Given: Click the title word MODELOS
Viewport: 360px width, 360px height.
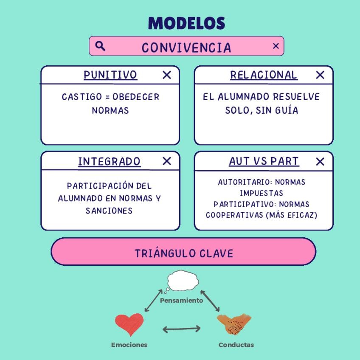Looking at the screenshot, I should click(x=186, y=23).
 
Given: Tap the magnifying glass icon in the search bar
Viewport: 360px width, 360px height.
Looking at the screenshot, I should click(x=100, y=46).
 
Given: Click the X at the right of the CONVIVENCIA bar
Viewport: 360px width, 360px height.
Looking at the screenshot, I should click(x=276, y=46).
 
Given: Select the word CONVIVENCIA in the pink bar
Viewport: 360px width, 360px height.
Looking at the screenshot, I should click(x=186, y=48).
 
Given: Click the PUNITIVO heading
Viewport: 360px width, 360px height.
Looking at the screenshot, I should click(x=110, y=75).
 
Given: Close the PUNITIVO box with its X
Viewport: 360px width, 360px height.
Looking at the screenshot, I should click(x=167, y=75).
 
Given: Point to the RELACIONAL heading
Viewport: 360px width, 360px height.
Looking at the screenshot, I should click(x=264, y=75).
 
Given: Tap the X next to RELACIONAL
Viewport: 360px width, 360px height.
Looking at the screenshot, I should click(x=320, y=75).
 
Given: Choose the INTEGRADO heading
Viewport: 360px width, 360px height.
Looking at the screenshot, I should click(x=109, y=162).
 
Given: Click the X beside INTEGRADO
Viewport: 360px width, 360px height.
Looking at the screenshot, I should click(x=167, y=161).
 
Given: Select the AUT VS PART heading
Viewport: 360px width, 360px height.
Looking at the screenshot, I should click(x=264, y=162).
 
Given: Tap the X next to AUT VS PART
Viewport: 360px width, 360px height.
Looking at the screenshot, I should click(x=320, y=162).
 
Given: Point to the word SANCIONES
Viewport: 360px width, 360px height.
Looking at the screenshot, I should click(x=109, y=211).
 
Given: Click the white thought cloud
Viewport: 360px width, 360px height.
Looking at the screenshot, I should click(x=183, y=281).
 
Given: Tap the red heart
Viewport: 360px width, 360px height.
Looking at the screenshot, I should click(x=129, y=324).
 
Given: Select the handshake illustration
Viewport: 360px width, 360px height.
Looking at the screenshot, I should click(x=234, y=325).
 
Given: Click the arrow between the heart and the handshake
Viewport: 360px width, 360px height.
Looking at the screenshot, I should click(x=182, y=329).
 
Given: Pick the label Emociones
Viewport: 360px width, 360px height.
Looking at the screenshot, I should click(x=129, y=345).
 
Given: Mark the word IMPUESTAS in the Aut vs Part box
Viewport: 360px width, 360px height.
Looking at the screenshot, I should click(x=261, y=193).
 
